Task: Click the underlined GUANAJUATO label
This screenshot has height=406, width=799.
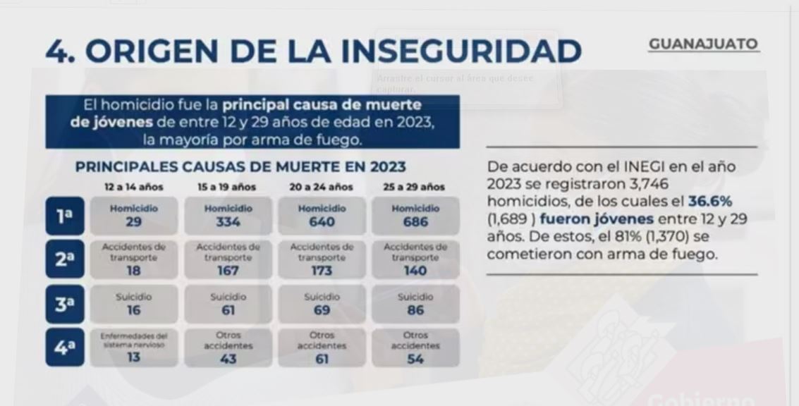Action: (703, 44)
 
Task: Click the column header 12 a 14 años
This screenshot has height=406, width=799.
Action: (134, 187)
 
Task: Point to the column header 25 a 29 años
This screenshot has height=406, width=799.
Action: (415, 187)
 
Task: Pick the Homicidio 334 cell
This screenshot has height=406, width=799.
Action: (228, 216)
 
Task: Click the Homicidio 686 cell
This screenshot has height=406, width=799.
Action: (415, 216)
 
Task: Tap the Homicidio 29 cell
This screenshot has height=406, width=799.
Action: (134, 216)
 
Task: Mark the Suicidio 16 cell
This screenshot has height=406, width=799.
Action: (134, 304)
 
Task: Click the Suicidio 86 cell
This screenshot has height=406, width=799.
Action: (415, 304)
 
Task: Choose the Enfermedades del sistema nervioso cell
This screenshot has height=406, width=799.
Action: (134, 347)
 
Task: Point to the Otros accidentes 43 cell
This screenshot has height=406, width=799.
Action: (228, 347)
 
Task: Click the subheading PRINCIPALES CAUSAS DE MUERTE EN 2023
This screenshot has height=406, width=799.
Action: (240, 167)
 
